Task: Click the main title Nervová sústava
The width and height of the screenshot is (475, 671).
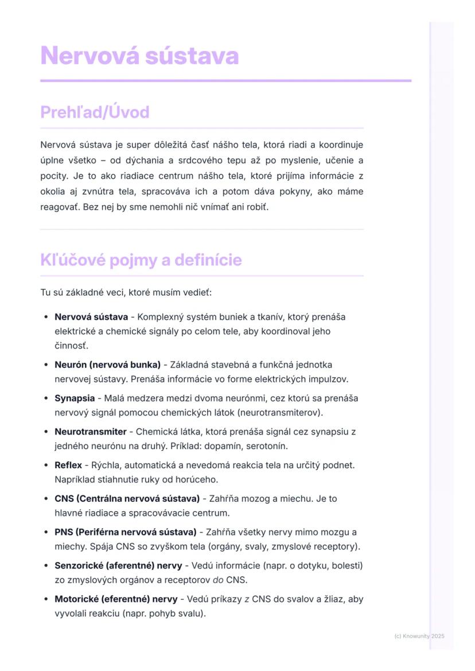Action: (139, 56)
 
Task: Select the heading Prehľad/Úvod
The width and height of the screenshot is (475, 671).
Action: (95, 112)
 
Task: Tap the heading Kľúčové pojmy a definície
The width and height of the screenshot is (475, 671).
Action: (141, 260)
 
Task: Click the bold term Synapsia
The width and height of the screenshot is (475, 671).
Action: (75, 398)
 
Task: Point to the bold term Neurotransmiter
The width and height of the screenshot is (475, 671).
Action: (90, 431)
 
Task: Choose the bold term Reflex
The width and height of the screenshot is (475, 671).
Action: (68, 465)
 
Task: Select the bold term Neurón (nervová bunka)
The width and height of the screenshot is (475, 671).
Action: (107, 365)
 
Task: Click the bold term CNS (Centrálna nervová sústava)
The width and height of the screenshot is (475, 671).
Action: (127, 499)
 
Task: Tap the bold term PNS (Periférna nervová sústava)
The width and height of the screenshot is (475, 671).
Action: (126, 532)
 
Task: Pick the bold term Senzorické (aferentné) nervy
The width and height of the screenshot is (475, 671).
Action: (116, 566)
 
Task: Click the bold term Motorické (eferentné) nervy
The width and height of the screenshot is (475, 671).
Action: (116, 599)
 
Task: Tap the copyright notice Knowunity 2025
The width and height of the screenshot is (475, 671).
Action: (419, 636)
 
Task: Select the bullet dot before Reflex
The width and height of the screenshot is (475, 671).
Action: (46, 465)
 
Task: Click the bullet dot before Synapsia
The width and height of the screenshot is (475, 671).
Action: (46, 398)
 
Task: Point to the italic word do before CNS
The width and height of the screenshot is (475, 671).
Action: (218, 580)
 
